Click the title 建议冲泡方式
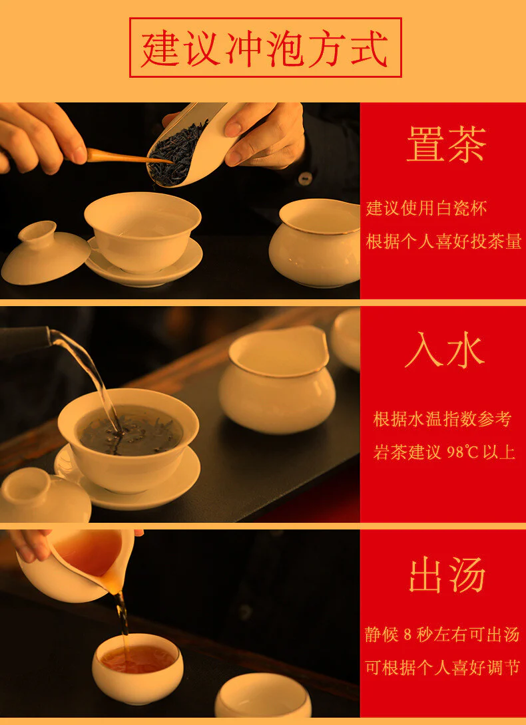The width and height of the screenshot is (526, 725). (265, 49)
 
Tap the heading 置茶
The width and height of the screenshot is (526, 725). (447, 144)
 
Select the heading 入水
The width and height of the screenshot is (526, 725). (445, 351)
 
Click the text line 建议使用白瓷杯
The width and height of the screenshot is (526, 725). (426, 209)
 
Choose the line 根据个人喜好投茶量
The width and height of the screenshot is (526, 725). (443, 241)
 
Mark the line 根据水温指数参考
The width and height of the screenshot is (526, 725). (442, 419)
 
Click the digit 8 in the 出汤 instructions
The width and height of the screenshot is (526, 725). (407, 635)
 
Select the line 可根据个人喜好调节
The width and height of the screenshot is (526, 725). (442, 667)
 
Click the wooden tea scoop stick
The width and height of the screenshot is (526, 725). (125, 157)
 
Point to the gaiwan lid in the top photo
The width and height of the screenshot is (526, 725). (45, 253)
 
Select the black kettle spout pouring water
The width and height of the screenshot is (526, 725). (25, 340)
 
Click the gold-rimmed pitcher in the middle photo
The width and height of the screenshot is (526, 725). (277, 379)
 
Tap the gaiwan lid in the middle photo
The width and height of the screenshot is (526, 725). (45, 495)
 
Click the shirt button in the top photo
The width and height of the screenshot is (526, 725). (305, 178)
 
